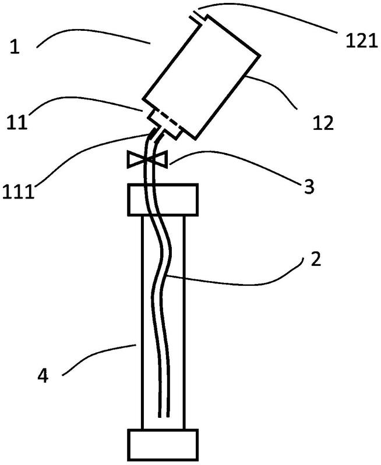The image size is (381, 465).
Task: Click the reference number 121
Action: coord(361,41)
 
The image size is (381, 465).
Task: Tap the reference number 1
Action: coord(15,47)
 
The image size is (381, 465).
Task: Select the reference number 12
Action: coord(323,123)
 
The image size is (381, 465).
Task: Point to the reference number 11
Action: coord(17,122)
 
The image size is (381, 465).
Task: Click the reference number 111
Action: coord(18,192)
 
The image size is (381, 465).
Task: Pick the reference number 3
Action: coord(309,187)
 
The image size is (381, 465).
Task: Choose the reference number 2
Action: coord(315,259)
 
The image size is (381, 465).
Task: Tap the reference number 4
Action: coord(43,376)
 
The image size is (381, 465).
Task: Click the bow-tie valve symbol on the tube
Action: coord(147,159)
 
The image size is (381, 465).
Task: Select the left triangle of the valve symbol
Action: coord(135,159)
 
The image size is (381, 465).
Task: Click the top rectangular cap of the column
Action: coord(163,200)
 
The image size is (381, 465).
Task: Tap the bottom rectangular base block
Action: coord(163,445)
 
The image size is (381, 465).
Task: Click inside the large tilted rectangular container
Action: coord(202,77)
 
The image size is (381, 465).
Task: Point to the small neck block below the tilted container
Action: coord(165,123)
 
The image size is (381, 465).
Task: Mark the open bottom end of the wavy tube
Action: coord(164,417)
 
